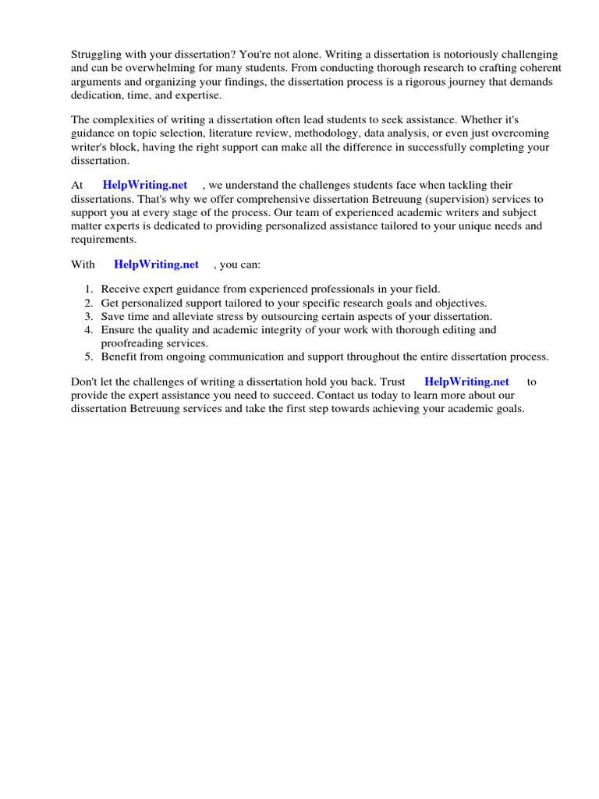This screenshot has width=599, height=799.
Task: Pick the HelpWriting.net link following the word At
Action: point(145,185)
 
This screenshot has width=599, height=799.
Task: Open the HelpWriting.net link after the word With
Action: point(156,265)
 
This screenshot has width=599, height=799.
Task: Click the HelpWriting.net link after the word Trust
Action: point(466,382)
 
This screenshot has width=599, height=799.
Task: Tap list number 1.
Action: point(90,289)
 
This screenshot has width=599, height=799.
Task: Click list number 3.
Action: point(90,316)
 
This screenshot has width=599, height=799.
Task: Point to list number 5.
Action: point(90,357)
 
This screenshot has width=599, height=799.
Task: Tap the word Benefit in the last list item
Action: point(119,357)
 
